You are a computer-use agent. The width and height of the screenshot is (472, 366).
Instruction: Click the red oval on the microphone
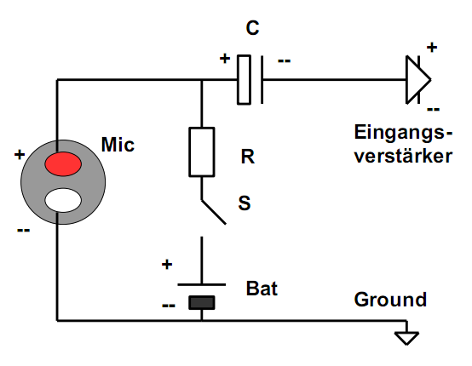(x=63, y=164)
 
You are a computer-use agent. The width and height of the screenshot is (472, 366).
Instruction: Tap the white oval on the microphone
(x=63, y=200)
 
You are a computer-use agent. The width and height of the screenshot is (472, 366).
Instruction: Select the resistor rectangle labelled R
(x=202, y=152)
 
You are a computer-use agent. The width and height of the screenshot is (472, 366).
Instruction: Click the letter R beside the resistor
(x=247, y=157)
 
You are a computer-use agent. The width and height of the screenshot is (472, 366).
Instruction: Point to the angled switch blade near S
(x=214, y=212)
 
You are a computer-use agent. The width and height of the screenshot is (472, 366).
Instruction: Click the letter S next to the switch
(x=245, y=203)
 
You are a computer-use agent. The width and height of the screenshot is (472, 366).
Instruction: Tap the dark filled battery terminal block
(x=202, y=302)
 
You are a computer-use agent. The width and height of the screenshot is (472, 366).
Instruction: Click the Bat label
(x=262, y=289)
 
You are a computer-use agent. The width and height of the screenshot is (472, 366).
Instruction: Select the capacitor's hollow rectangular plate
(x=244, y=80)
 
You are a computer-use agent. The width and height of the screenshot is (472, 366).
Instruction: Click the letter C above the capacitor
(x=252, y=28)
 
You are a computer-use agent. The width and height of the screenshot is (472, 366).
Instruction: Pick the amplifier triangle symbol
(x=418, y=80)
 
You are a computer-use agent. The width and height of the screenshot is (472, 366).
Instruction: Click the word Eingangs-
(x=403, y=133)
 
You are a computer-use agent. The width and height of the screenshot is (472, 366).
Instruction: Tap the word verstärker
(x=403, y=156)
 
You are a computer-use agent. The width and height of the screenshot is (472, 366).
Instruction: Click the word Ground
(x=390, y=300)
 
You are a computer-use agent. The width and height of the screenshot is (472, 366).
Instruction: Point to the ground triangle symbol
(x=406, y=338)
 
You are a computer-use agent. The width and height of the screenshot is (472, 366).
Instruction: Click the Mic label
(x=118, y=145)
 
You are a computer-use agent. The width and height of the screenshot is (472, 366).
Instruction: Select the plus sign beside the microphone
(x=20, y=155)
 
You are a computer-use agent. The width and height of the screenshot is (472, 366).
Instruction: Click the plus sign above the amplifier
(x=432, y=47)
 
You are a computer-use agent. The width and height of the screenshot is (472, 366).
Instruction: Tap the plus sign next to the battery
(x=167, y=265)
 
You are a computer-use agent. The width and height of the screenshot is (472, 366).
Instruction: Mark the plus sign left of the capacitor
(x=225, y=58)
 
